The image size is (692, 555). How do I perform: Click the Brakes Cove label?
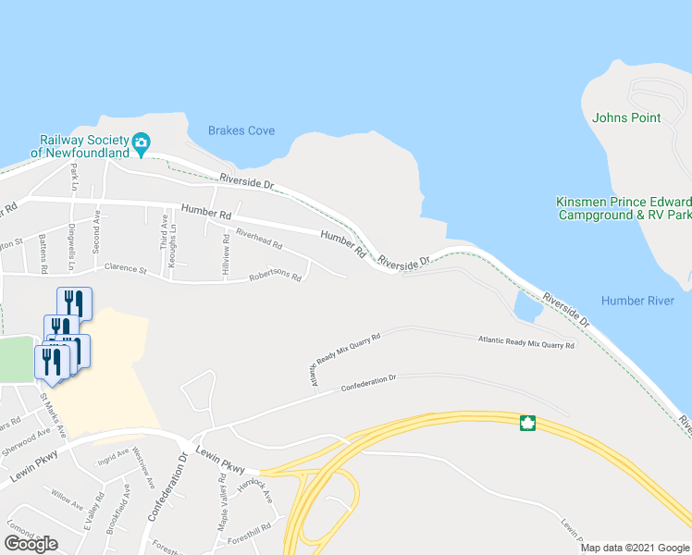pos(241,130)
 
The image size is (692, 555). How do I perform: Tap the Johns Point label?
pos(626,117)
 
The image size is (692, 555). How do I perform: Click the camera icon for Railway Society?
pos(141,142)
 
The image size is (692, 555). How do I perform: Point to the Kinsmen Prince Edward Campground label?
pos(624,208)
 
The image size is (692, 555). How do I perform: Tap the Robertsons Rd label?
pos(275,277)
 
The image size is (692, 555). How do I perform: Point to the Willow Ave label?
pos(68,499)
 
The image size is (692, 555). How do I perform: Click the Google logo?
pos(31,543)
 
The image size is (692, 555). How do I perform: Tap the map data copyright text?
pos(634,548)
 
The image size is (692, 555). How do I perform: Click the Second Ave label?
pos(96,229)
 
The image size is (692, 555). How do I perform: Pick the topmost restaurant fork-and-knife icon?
pos(74,302)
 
